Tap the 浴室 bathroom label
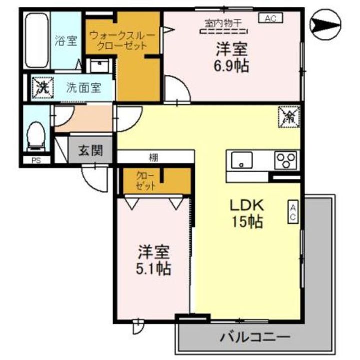tap(66, 41)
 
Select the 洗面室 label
tap(84, 88)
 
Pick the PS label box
tap(36, 161)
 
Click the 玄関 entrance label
tap(91, 150)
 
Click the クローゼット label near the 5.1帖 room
tap(146, 181)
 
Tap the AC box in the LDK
tap(293, 212)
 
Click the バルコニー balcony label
tap(255, 337)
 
